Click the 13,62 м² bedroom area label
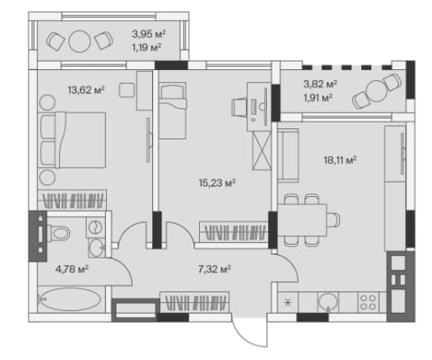pyautogui.click(x=86, y=90)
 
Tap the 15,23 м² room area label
pyautogui.click(x=217, y=182)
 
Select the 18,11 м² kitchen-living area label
pyautogui.click(x=340, y=159)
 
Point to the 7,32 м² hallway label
pyautogui.click(x=214, y=268)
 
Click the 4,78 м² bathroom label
pyautogui.click(x=72, y=268)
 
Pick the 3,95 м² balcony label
pyautogui.click(x=149, y=34)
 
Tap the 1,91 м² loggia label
pyautogui.click(x=317, y=98)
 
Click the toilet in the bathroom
pyautogui.click(x=58, y=234)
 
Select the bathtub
pyautogui.click(x=70, y=299)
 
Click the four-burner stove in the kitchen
pyautogui.click(x=368, y=302)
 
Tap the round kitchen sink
pyautogui.click(x=328, y=302)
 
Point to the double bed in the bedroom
pyautogui.click(x=71, y=140)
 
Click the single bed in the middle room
pyautogui.click(x=173, y=110)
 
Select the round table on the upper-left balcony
pyautogui.click(x=79, y=42)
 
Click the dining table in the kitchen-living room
pyautogui.click(x=302, y=220)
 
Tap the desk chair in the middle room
pyautogui.click(x=238, y=107)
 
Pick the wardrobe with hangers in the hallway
pyautogui.click(x=194, y=302)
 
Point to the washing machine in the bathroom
pyautogui.click(x=95, y=228)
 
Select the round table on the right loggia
pyautogui.click(x=377, y=91)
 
